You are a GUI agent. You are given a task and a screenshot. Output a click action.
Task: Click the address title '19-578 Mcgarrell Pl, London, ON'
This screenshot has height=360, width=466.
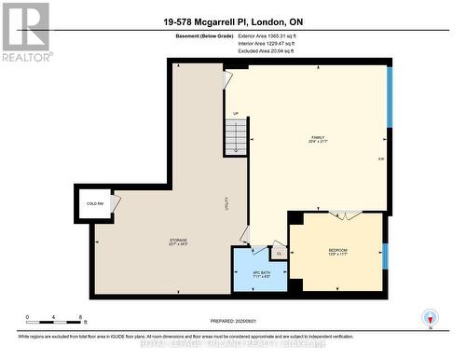233,21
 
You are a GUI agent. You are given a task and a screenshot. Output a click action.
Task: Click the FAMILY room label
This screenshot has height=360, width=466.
318,138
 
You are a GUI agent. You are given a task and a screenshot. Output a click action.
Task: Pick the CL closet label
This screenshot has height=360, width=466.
279,252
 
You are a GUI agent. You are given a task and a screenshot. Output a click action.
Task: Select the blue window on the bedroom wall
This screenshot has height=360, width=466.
385,255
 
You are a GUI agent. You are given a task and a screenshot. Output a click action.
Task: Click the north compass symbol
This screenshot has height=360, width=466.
429,317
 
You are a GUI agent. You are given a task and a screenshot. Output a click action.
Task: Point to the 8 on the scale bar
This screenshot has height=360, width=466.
82,317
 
